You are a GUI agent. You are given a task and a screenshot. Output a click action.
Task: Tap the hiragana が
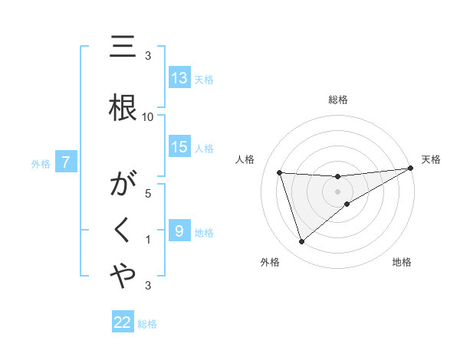[123, 186]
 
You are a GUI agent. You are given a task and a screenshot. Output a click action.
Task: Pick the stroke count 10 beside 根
[148, 116]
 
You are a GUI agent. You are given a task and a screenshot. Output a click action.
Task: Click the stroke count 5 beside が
[148, 195]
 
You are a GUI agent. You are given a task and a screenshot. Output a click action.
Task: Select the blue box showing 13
[179, 77]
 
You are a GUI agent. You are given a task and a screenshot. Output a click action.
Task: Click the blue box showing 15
[179, 147]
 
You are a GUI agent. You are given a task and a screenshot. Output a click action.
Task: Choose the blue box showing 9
[179, 231]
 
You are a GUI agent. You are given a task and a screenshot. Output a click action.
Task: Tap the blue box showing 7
[67, 162]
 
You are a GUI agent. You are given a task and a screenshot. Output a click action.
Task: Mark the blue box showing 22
[123, 322]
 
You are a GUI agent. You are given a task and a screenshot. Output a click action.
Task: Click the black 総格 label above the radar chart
[337, 100]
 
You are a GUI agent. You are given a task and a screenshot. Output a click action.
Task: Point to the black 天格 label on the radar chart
[431, 159]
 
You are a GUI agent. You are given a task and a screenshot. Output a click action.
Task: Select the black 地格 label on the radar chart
[402, 262]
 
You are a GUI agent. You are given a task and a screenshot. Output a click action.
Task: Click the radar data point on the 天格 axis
[411, 169]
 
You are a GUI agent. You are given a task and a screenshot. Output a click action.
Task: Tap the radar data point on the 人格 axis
[280, 173]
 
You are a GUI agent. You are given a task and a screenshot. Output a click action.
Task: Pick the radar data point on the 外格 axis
[301, 242]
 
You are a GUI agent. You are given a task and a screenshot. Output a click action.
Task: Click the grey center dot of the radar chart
[337, 191]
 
